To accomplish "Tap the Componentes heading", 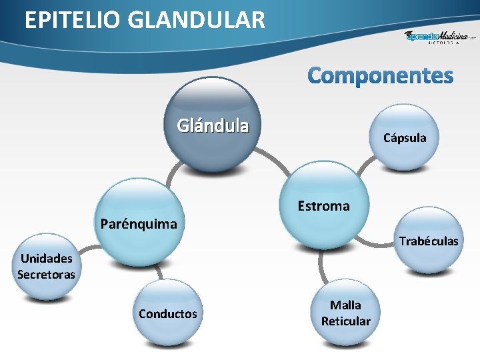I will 380,75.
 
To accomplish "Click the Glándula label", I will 213,125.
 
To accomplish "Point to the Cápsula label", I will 404,138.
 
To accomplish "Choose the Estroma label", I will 323,206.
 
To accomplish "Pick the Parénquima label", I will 139,223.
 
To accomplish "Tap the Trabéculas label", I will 428,241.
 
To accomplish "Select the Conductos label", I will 168,313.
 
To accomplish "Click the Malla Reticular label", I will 345,313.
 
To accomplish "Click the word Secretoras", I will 47,274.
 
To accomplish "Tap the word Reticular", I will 345,321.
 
